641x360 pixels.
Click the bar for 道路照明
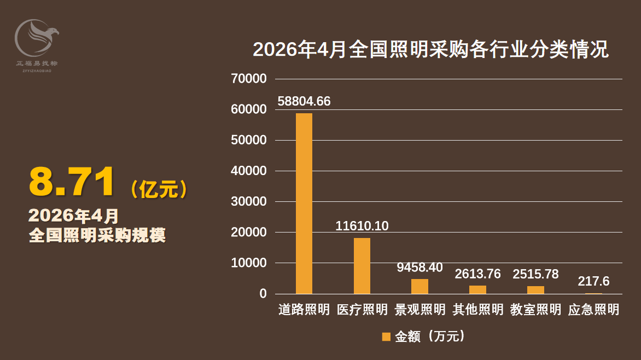(x=304, y=204)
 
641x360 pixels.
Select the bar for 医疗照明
(x=362, y=266)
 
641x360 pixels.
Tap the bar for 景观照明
(x=420, y=286)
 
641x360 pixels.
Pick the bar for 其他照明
(x=477, y=289)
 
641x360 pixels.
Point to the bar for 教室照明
(x=535, y=290)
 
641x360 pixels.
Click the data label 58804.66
(x=304, y=101)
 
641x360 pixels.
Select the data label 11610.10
(x=362, y=226)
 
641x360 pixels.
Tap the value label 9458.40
(x=420, y=267)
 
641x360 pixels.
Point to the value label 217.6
(x=593, y=281)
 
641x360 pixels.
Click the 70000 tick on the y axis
(x=248, y=79)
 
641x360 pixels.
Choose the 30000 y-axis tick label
(x=248, y=201)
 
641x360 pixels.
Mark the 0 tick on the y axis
(x=263, y=293)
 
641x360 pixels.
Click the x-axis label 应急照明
(x=593, y=309)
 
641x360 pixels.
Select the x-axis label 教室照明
(x=535, y=309)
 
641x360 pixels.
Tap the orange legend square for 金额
(x=386, y=336)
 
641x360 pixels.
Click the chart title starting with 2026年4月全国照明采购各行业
(x=431, y=49)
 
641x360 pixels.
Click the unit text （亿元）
(x=159, y=189)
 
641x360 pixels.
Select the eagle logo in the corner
(x=37, y=38)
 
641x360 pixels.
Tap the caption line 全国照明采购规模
(x=97, y=235)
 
